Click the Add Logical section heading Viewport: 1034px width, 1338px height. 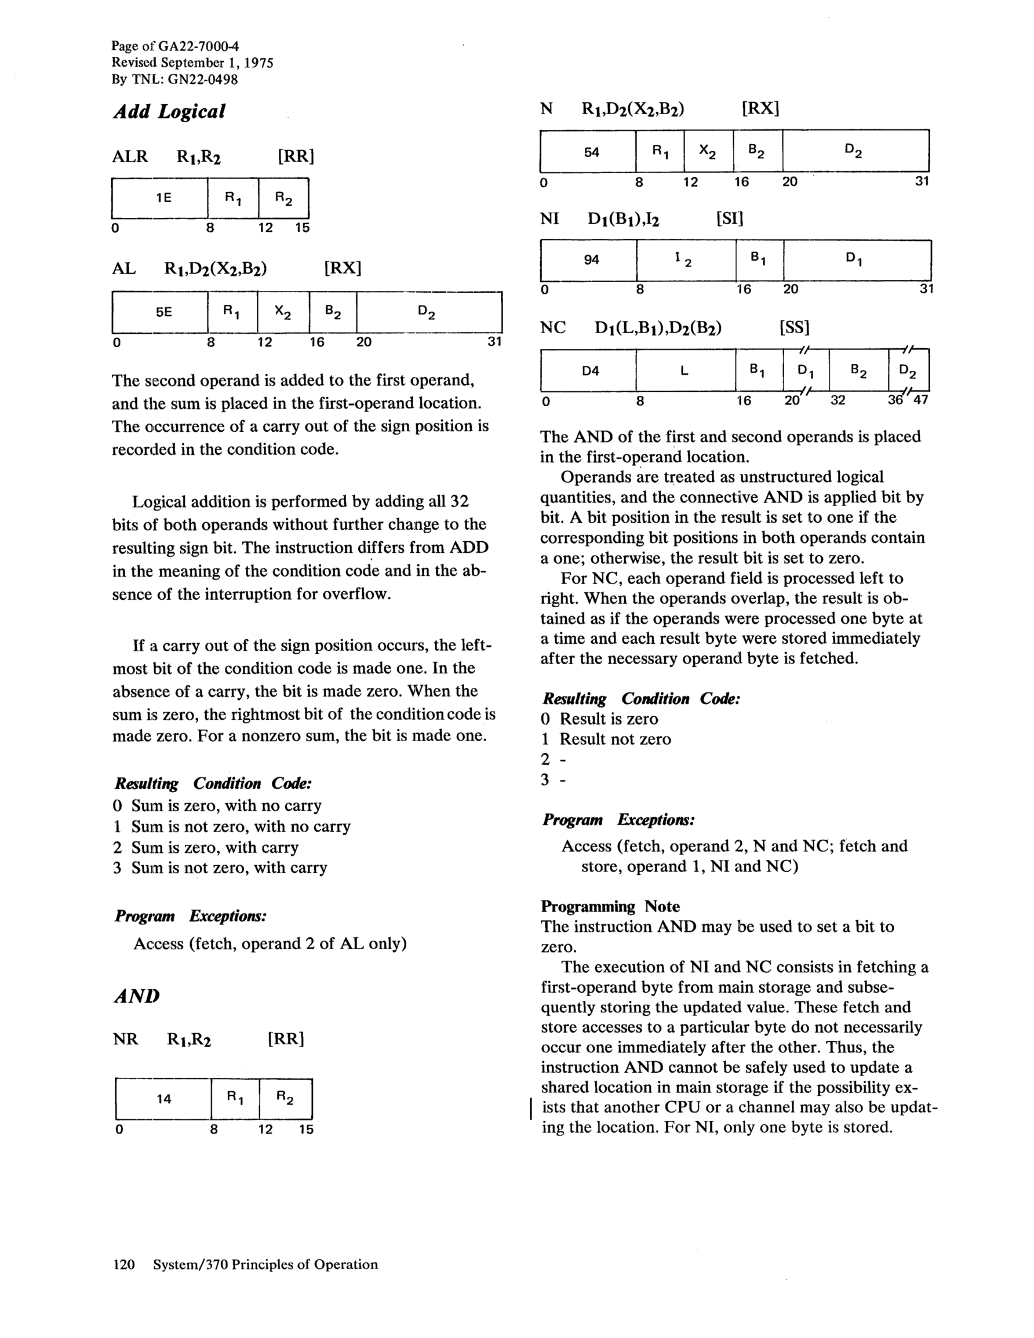[169, 111]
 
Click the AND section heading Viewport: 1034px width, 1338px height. [137, 996]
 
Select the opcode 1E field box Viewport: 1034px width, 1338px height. [160, 198]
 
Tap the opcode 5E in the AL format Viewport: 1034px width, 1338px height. [163, 312]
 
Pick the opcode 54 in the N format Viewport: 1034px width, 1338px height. [591, 152]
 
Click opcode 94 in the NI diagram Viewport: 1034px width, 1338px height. [591, 260]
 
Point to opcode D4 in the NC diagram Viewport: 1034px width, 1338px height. [590, 371]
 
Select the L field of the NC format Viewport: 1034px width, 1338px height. [685, 371]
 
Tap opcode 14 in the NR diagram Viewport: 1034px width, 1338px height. [163, 1099]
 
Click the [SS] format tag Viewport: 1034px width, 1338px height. [795, 328]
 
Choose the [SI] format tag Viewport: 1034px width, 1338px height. [729, 218]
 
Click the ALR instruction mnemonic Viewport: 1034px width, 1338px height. [130, 156]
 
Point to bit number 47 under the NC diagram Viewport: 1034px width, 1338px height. [920, 400]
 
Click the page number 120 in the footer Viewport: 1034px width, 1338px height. [124, 1264]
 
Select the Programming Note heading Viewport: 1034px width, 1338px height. [610, 906]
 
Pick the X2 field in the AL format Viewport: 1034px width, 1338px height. [283, 312]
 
